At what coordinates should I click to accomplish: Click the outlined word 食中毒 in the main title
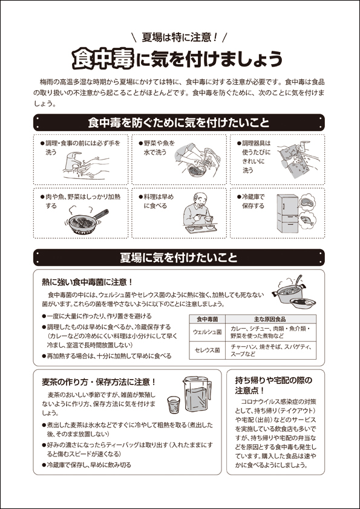tap(103, 59)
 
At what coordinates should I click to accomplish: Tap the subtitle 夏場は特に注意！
tap(180, 37)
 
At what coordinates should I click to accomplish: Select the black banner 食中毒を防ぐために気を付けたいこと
tap(178, 123)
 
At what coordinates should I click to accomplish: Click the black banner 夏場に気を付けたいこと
tap(178, 258)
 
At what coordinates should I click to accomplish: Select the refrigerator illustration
tap(287, 213)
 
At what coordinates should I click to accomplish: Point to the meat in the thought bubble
tap(307, 203)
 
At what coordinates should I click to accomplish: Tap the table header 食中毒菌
tap(208, 319)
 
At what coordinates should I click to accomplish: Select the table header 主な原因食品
tap(270, 319)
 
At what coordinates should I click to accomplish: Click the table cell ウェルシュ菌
tap(208, 332)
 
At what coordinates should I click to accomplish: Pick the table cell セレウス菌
tap(208, 350)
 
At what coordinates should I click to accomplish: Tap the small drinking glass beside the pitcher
tap(173, 405)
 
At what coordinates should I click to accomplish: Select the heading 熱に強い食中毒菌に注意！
tap(87, 282)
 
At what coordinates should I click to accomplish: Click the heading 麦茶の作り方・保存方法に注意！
tap(99, 382)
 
